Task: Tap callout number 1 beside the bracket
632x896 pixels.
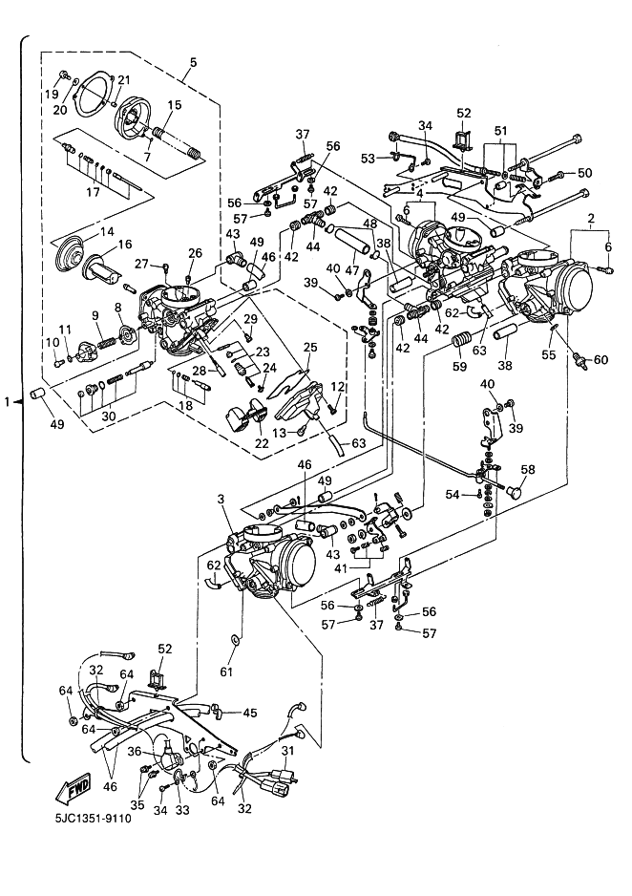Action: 9,402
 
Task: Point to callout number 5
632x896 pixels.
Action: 193,63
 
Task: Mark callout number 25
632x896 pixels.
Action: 309,347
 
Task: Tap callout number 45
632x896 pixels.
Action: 250,712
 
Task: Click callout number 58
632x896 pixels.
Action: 528,470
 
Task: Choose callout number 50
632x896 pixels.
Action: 585,173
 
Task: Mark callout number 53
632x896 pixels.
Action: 369,157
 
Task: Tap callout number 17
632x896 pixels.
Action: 92,193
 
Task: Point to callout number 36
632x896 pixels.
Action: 136,752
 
